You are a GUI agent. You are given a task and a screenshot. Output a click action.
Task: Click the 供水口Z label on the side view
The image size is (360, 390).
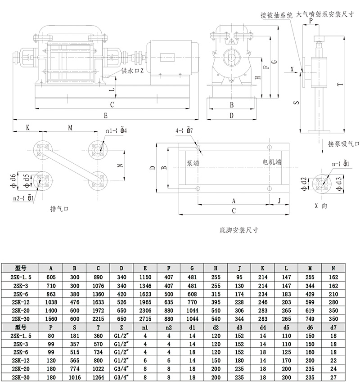[x=132, y=71]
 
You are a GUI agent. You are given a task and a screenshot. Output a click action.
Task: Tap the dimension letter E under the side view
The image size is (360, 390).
[x=105, y=116]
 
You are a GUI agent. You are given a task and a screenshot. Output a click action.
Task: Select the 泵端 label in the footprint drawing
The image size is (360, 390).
[x=193, y=163]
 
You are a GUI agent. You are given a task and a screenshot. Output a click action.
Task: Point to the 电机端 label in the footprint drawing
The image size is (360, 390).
[x=272, y=162]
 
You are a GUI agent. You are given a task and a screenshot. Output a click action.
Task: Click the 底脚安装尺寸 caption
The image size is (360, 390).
[x=239, y=229]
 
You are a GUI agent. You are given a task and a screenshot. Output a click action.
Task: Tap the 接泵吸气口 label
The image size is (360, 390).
[x=344, y=144]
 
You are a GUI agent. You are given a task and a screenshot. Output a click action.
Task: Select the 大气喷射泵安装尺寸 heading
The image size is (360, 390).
[x=324, y=15]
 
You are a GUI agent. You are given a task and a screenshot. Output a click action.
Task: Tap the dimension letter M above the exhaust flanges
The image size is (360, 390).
[x=70, y=127]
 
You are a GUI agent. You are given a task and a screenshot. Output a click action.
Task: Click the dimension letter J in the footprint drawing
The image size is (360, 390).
[x=279, y=200]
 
